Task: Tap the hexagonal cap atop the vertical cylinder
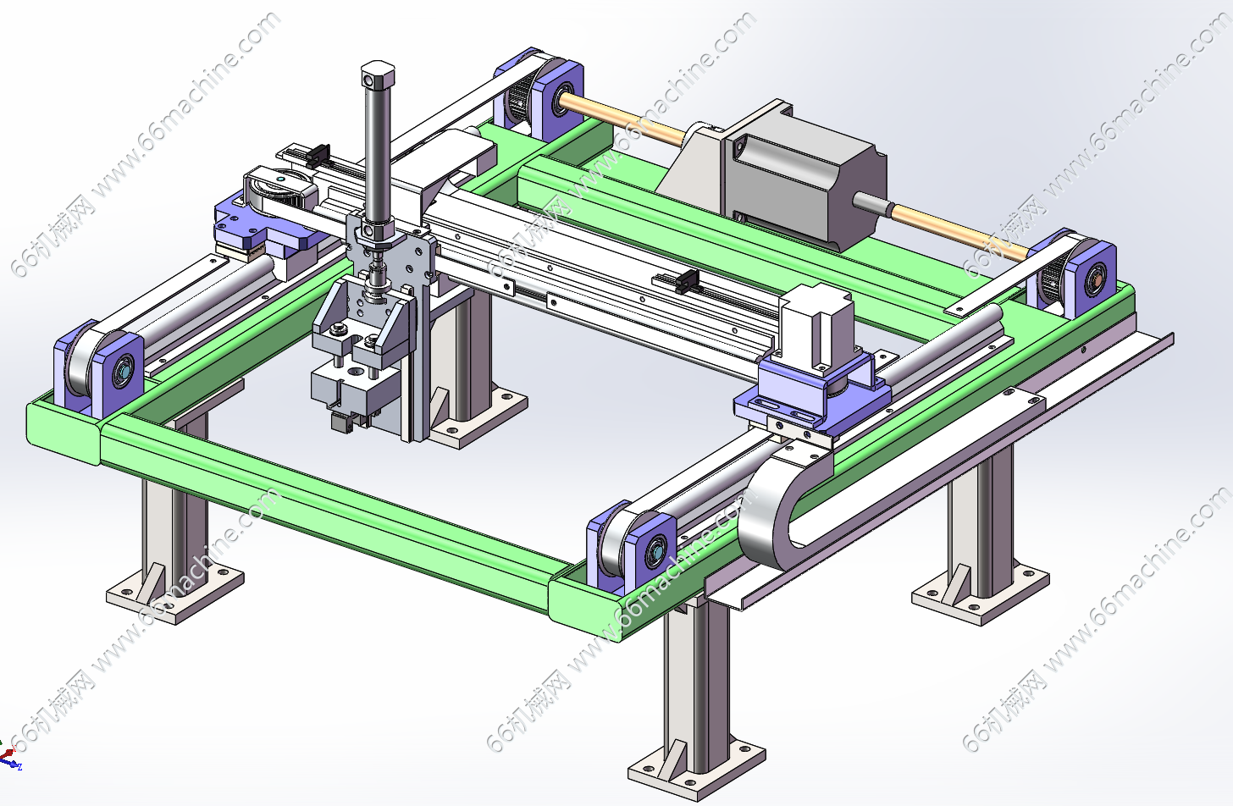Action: coord(378,75)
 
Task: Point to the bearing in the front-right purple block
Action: coord(655,550)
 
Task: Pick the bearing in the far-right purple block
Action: coord(1095,279)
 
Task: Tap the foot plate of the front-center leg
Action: coord(697,769)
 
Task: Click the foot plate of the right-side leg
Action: coord(980,594)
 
